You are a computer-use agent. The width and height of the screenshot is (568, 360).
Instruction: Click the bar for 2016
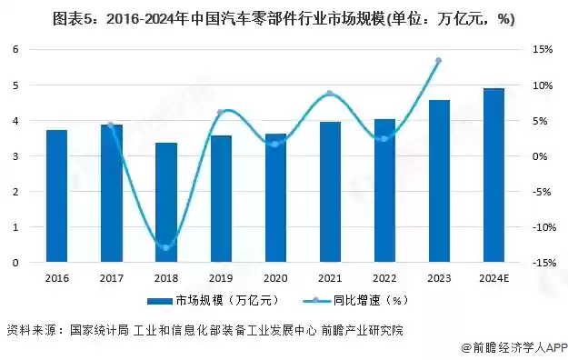(56, 196)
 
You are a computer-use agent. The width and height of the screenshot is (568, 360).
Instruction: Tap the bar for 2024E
(493, 175)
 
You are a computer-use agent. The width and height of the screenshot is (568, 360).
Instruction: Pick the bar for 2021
(330, 192)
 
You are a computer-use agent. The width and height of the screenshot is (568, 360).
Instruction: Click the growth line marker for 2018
(166, 247)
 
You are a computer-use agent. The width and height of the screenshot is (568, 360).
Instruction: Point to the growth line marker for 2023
(438, 61)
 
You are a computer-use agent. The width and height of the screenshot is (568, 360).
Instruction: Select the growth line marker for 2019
(221, 112)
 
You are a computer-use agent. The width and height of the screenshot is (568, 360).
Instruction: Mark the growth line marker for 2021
(330, 94)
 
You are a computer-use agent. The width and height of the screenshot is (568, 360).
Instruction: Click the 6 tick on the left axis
(15, 49)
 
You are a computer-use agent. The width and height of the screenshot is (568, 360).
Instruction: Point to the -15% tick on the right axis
(543, 263)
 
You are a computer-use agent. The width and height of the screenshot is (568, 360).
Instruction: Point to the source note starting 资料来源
(204, 329)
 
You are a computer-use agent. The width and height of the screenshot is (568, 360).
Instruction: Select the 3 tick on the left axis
(15, 156)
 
